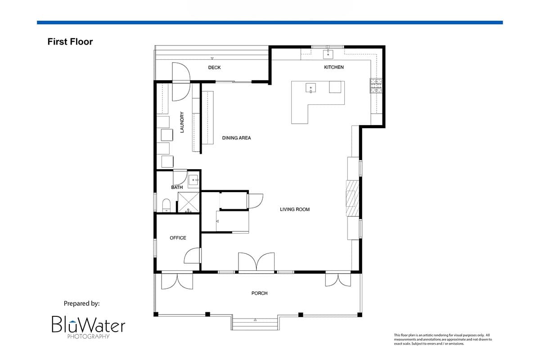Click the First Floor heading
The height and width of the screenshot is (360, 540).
(x=70, y=42)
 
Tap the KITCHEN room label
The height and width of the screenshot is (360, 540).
(x=333, y=67)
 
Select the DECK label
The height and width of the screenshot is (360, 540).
(x=214, y=67)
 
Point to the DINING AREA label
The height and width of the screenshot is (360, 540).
(x=236, y=138)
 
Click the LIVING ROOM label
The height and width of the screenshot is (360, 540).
(x=295, y=209)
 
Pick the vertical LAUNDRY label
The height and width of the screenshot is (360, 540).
(x=182, y=122)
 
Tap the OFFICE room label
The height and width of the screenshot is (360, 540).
(x=178, y=238)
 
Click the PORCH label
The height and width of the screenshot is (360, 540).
(x=259, y=293)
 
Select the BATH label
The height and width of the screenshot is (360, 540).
(x=177, y=187)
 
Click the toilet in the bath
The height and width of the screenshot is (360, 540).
(x=166, y=205)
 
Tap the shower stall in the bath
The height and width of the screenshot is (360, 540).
(x=189, y=202)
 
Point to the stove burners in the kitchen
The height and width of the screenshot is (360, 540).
(x=376, y=86)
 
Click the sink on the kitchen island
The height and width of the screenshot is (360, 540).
(x=311, y=88)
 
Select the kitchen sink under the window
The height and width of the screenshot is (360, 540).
(x=328, y=54)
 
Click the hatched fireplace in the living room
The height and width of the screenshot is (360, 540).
(x=352, y=198)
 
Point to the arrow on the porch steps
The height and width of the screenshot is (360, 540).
(x=255, y=320)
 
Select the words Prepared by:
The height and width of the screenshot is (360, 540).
(x=81, y=304)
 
